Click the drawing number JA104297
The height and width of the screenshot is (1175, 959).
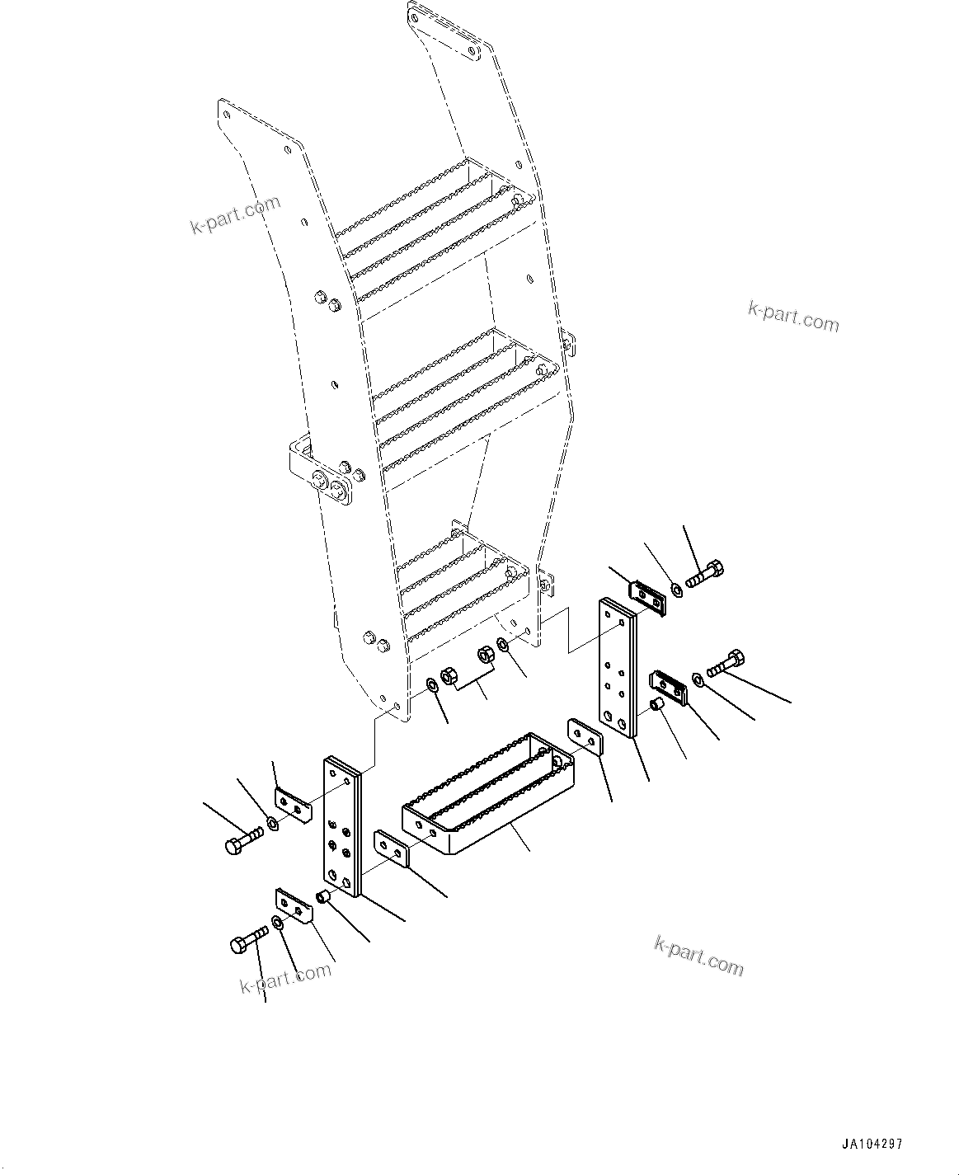tap(872, 1144)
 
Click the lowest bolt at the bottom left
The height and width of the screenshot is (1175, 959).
tap(248, 940)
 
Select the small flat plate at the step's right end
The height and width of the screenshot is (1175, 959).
tap(586, 736)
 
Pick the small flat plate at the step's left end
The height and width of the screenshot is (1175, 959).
tap(392, 848)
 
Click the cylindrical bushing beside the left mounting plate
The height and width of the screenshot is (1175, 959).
tap(323, 896)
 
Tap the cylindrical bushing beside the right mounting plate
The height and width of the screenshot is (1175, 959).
tap(658, 704)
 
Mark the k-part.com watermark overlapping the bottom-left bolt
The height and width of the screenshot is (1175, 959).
tap(285, 977)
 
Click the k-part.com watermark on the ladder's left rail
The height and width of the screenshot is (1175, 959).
tap(236, 214)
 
